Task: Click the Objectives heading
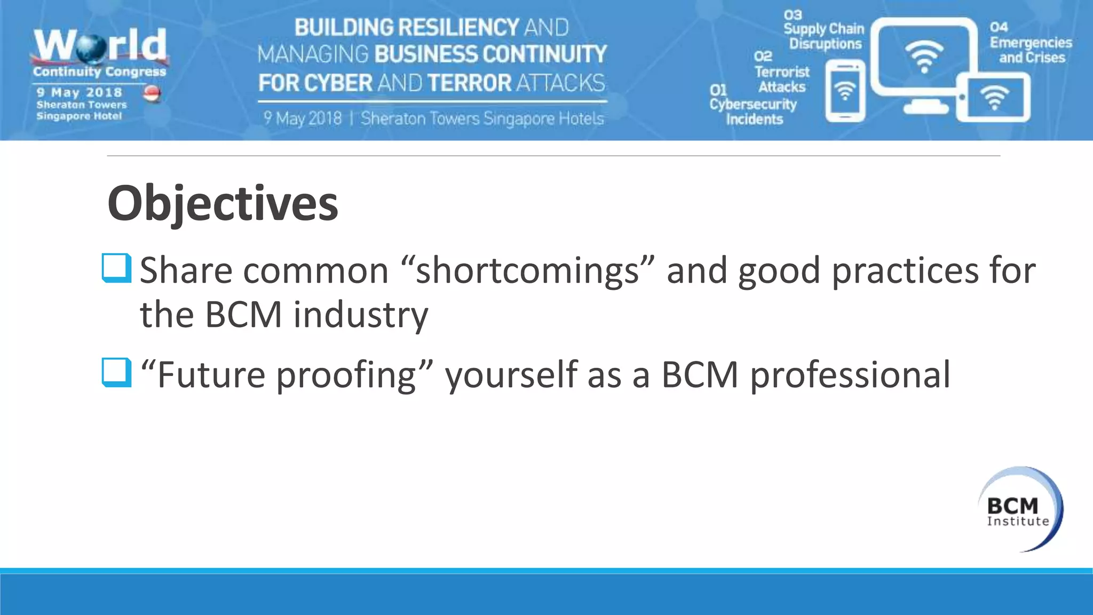click(x=223, y=203)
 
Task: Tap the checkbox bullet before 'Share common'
click(x=116, y=267)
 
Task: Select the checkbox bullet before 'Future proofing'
click(x=116, y=372)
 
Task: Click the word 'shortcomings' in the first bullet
click(x=527, y=270)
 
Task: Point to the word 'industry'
click(x=360, y=315)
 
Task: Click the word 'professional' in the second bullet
click(x=850, y=375)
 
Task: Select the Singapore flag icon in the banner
click(x=152, y=93)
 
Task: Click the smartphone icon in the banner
click(x=845, y=91)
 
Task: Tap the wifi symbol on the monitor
click(x=924, y=56)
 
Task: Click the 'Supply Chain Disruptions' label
click(x=824, y=36)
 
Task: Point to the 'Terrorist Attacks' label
click(x=781, y=79)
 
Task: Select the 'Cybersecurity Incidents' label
click(x=753, y=112)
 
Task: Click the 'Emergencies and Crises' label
click(x=1031, y=50)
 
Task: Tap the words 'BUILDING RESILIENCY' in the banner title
click(x=406, y=28)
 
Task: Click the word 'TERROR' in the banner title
click(x=470, y=83)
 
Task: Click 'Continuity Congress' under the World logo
click(x=99, y=72)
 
